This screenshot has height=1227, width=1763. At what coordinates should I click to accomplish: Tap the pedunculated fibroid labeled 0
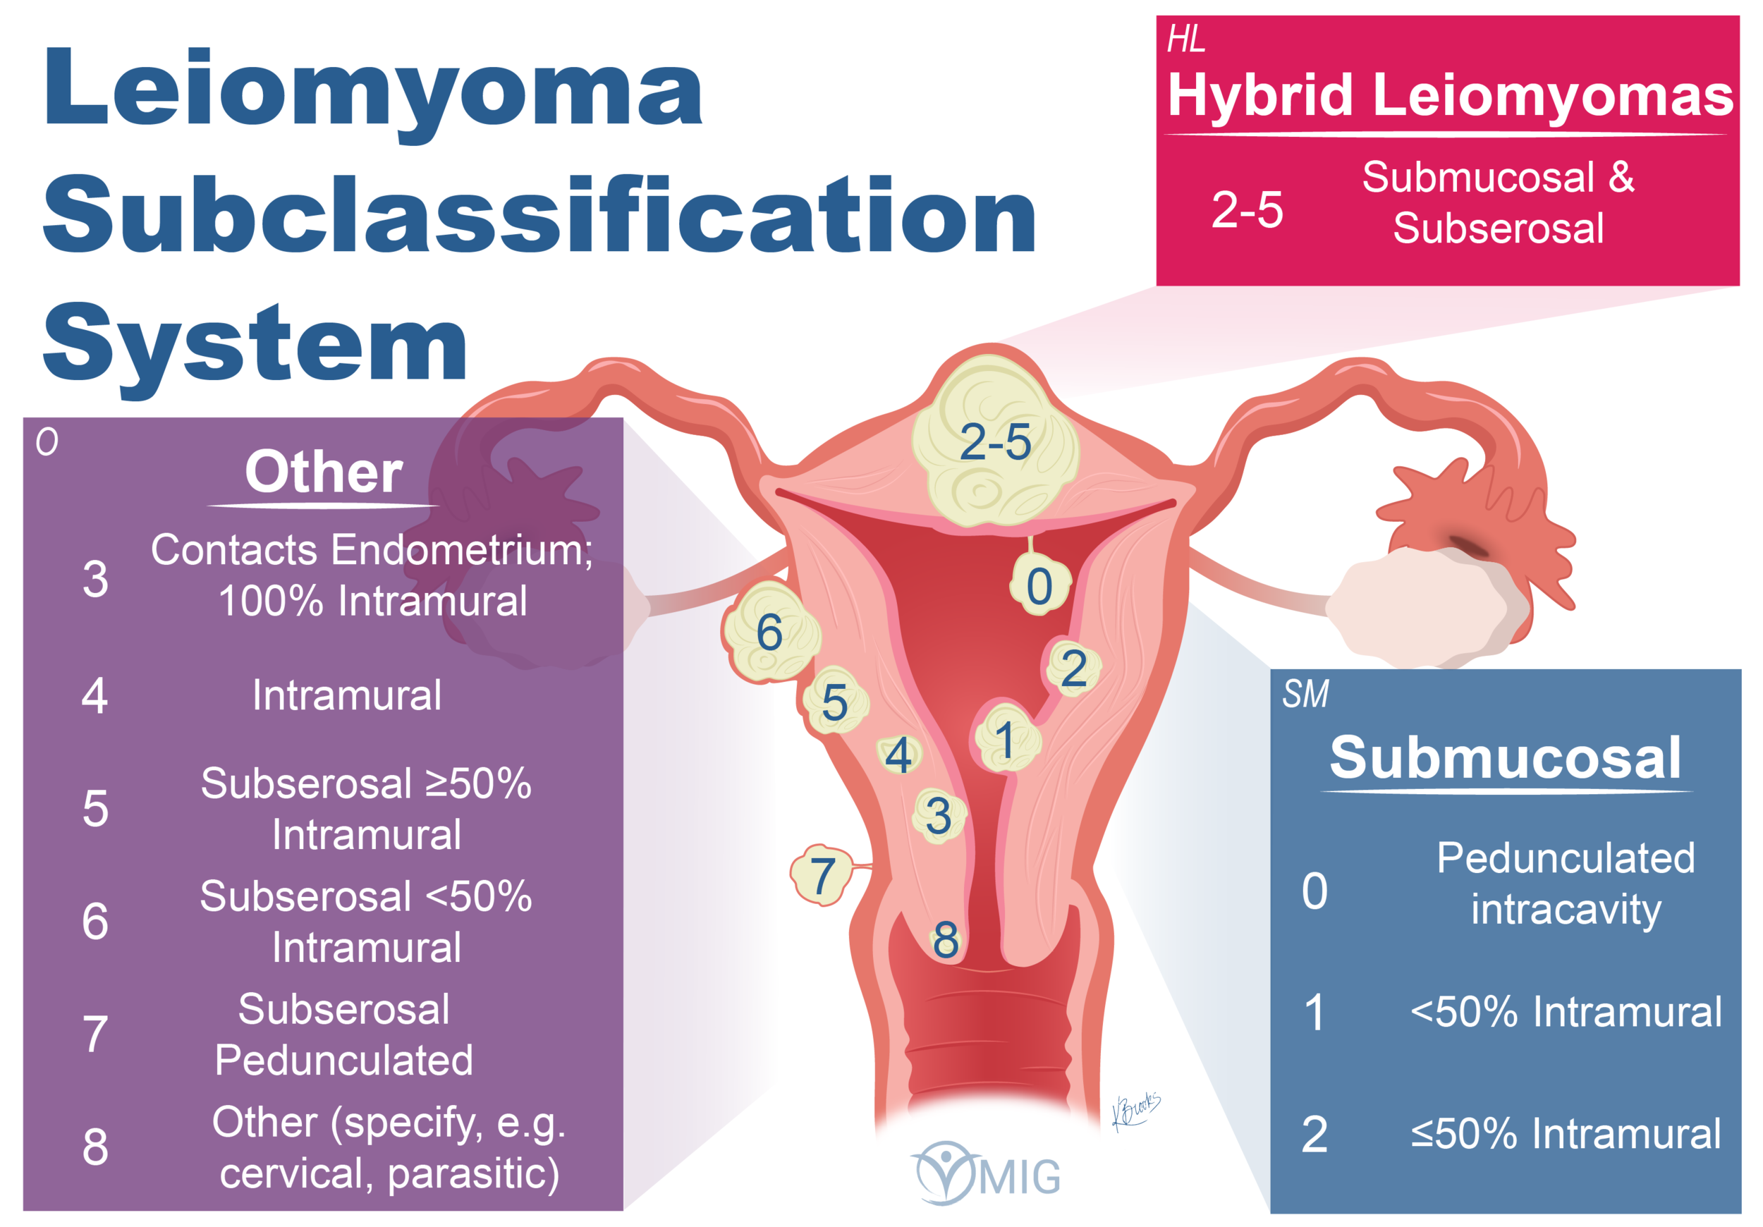(1039, 586)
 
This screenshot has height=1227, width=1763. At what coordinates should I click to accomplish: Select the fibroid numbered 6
(770, 632)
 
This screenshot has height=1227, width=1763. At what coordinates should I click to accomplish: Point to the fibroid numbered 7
(822, 874)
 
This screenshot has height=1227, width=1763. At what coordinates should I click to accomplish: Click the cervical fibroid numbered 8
(946, 939)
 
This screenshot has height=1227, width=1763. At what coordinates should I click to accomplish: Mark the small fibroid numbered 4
(898, 755)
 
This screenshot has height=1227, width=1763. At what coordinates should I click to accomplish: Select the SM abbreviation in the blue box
(1305, 694)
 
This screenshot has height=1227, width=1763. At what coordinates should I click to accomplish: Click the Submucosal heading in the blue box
(1505, 758)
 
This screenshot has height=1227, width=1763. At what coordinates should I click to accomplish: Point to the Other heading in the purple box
(323, 472)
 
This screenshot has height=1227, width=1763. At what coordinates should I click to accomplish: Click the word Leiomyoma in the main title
(374, 88)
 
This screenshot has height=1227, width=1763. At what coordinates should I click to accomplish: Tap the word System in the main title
(255, 344)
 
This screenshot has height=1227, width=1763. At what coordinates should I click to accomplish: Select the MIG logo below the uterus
(987, 1173)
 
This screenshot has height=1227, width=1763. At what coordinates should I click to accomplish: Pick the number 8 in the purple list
(95, 1147)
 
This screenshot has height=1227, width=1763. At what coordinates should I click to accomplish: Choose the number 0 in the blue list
(1314, 891)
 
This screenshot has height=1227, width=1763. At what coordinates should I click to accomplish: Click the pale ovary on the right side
(1420, 606)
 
